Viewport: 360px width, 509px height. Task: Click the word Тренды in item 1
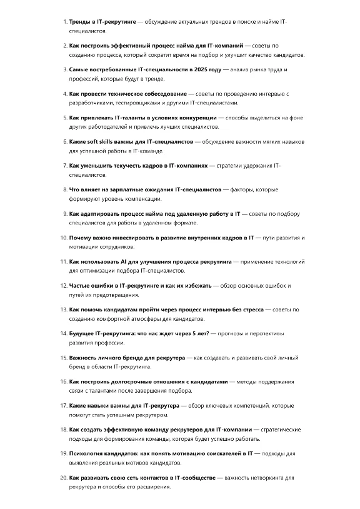(80, 22)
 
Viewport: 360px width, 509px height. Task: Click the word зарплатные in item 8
(124, 189)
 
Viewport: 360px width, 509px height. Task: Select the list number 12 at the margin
(63, 286)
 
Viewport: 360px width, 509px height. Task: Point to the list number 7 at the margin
(64, 166)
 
